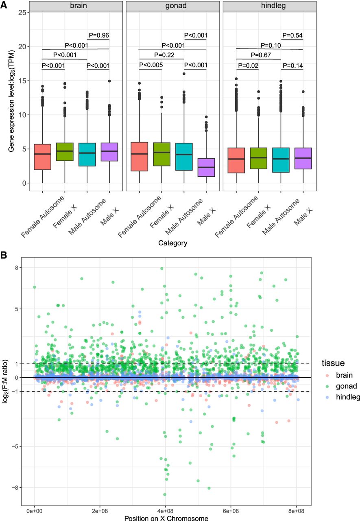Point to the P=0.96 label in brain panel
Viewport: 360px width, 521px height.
point(99,35)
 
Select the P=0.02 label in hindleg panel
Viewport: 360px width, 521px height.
point(249,65)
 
